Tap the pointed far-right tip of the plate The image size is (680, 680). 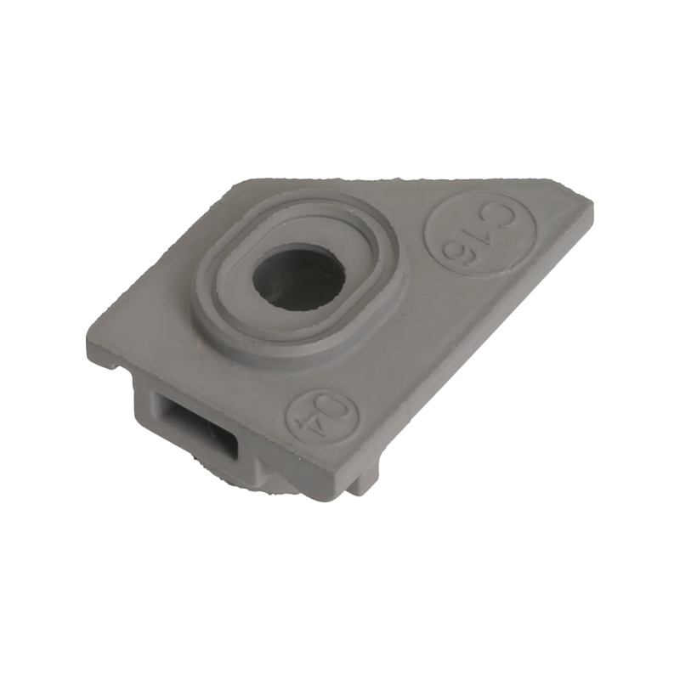click(591, 203)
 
